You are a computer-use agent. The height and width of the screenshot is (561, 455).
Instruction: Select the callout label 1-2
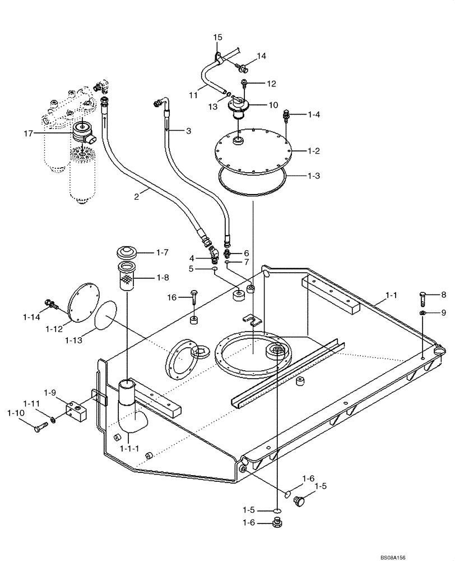(314, 151)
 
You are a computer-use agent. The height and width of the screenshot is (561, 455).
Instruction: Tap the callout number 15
(217, 37)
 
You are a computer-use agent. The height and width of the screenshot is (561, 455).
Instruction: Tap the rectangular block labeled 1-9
(77, 411)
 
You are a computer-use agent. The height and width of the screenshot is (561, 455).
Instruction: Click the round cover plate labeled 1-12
(82, 300)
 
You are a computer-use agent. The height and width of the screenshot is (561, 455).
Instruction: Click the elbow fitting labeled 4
(213, 256)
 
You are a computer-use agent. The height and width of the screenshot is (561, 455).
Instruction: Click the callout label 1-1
(390, 295)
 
